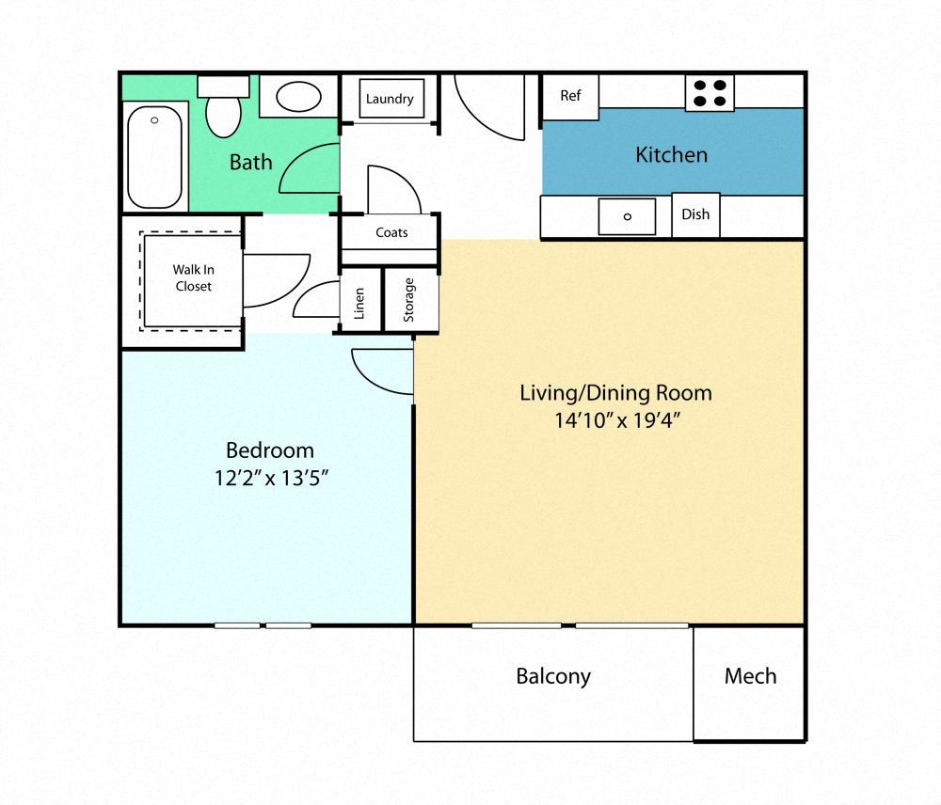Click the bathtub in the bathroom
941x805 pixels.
[x=154, y=157]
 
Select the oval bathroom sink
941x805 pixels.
[x=299, y=96]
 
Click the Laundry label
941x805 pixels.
[x=390, y=99]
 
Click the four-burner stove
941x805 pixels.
[x=710, y=92]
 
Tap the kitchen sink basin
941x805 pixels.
[x=627, y=216]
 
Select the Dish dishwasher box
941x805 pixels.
[x=695, y=214]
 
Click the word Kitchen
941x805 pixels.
[x=672, y=154]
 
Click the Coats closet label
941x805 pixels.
[x=391, y=232]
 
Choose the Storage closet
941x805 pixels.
[x=410, y=300]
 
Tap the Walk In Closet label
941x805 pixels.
[x=193, y=278]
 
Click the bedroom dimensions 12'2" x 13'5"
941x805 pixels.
[x=271, y=478]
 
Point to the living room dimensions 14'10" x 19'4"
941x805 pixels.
[x=616, y=420]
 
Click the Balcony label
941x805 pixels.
[x=553, y=676]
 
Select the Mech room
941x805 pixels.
[x=750, y=676]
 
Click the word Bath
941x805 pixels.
[x=251, y=162]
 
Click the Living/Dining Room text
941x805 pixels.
[x=616, y=392]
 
